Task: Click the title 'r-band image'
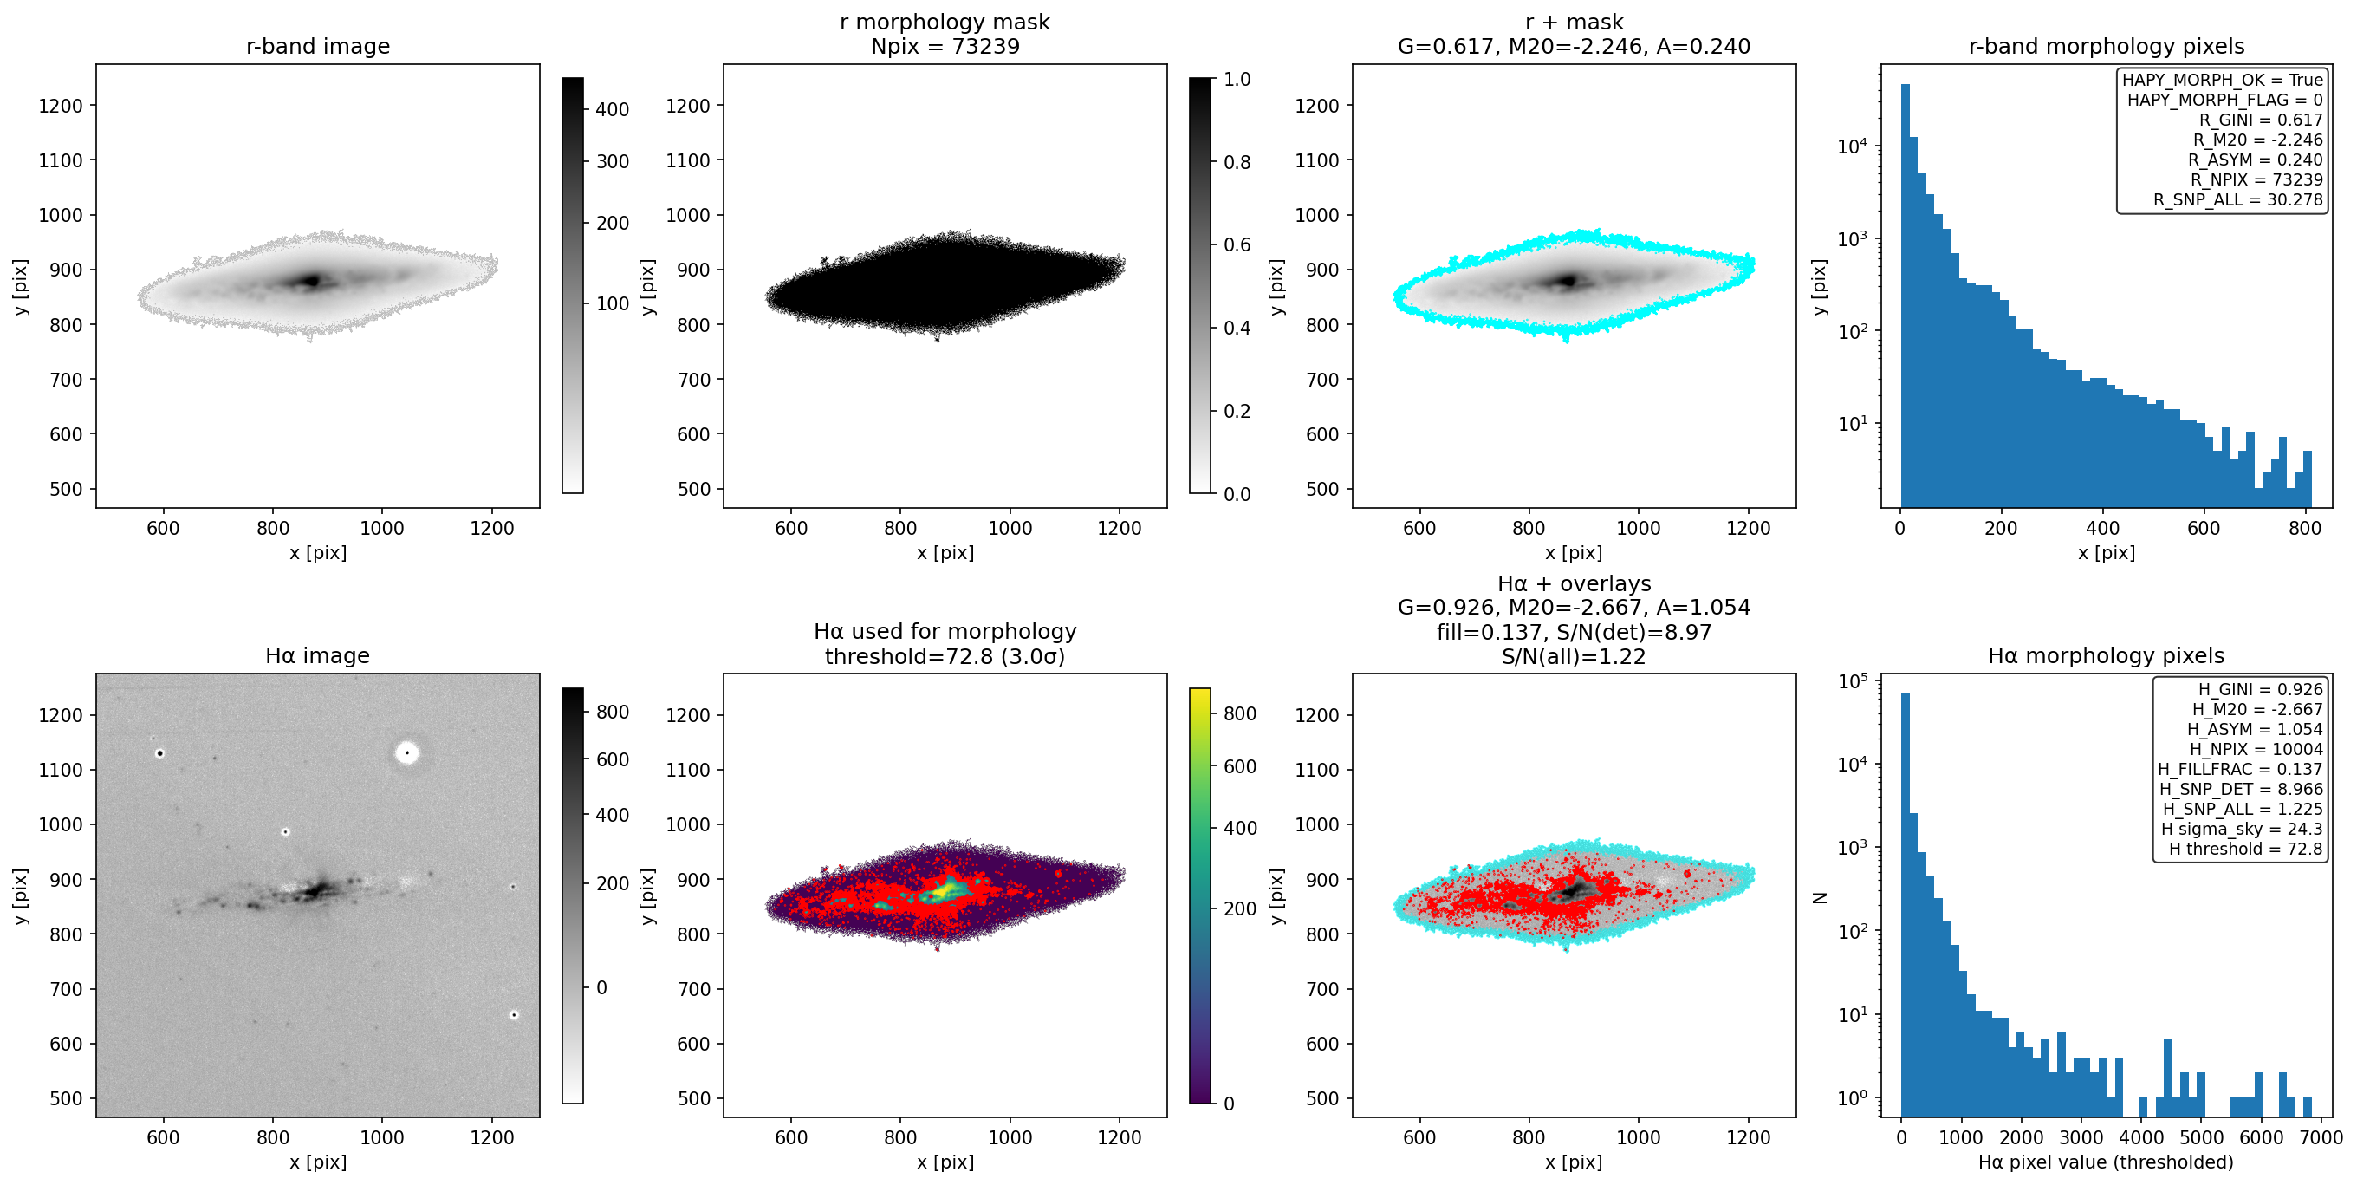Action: pyautogui.click(x=317, y=46)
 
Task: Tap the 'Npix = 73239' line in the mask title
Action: pyautogui.click(x=945, y=46)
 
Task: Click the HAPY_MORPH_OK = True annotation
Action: pyautogui.click(x=2223, y=80)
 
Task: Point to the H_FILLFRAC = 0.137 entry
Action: pyautogui.click(x=2240, y=769)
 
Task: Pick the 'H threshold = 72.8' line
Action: pyautogui.click(x=2245, y=849)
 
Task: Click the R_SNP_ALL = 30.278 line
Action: pyautogui.click(x=2238, y=199)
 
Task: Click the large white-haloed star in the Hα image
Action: pyautogui.click(x=407, y=753)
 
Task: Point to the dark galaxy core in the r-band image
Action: pyautogui.click(x=313, y=280)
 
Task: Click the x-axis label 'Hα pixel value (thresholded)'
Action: pyautogui.click(x=2106, y=1162)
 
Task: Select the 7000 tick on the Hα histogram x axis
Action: pyautogui.click(x=2321, y=1136)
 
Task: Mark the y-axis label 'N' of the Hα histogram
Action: pyautogui.click(x=1820, y=898)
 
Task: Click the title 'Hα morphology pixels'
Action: pyautogui.click(x=2106, y=655)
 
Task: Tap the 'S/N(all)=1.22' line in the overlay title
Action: pyautogui.click(x=1574, y=656)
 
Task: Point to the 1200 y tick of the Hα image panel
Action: pyautogui.click(x=61, y=715)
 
